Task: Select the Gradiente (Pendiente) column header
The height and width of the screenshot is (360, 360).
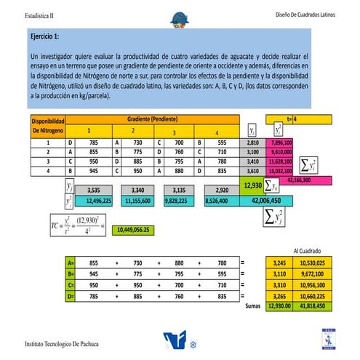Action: [152, 118]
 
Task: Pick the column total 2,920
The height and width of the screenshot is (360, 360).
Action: [223, 190]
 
